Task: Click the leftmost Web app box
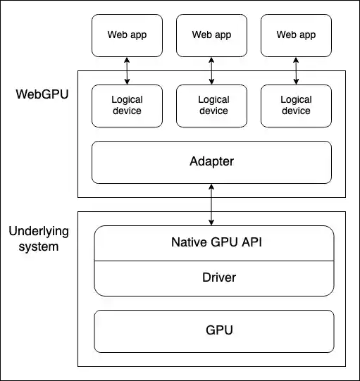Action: click(x=127, y=35)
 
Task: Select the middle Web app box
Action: click(x=211, y=35)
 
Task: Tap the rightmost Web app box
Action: click(x=296, y=35)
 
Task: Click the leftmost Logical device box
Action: click(x=127, y=106)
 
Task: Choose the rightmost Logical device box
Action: click(x=296, y=106)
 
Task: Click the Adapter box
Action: click(x=211, y=162)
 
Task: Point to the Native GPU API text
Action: click(x=213, y=243)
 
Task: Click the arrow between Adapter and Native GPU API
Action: click(x=211, y=204)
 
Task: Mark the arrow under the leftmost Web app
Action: click(x=127, y=70)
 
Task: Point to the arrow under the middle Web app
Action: click(x=211, y=70)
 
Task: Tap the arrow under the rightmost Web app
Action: click(x=296, y=70)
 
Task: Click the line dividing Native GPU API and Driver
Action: click(x=213, y=261)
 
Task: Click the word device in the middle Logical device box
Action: click(x=213, y=111)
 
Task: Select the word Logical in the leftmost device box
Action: click(x=127, y=100)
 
